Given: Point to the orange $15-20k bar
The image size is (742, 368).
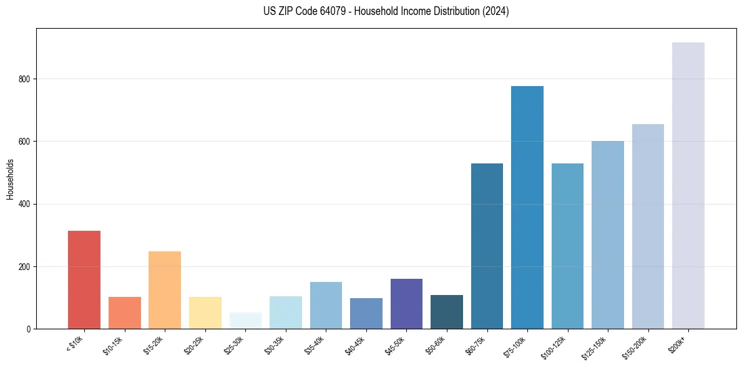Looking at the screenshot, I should pos(165,290).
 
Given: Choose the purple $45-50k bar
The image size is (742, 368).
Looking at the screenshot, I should pos(406,304).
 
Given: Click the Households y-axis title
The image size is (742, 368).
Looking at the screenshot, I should pos(10,178).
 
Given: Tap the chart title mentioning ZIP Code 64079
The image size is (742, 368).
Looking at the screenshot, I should pos(386,11).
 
